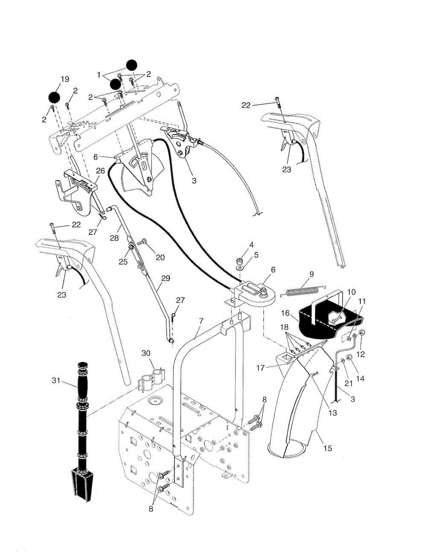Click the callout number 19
64,79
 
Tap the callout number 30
146,353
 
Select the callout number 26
100,171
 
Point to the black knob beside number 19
54,98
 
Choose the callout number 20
160,258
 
